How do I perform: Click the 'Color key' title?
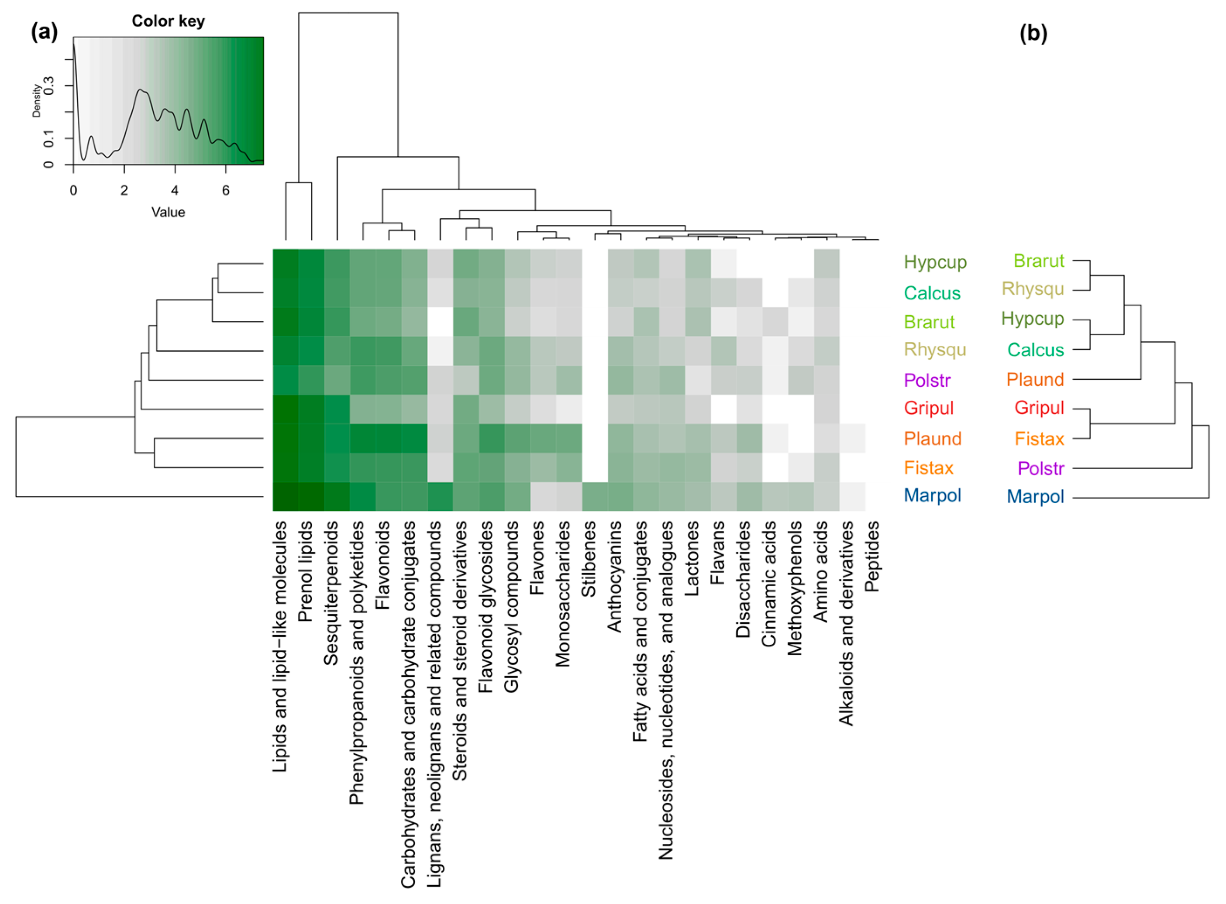168,21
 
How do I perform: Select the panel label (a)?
44,33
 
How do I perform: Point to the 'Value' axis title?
168,212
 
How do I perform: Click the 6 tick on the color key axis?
225,190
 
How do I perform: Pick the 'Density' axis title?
37,101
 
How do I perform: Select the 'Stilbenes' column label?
589,559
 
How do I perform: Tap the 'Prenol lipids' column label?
305,571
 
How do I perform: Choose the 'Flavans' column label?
717,552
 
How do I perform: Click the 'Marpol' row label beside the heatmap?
932,496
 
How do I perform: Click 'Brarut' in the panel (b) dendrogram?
1038,261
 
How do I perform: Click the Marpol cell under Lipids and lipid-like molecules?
286,496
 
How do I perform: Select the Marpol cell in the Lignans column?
440,496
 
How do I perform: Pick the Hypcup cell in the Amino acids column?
827,263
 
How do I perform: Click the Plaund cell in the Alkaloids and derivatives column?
852,438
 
